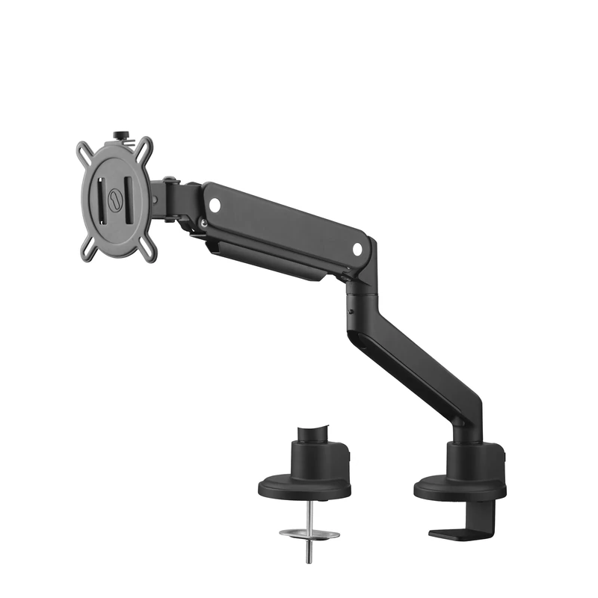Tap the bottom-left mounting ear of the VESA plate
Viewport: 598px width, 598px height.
(x=84, y=250)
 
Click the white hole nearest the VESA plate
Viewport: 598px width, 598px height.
(x=215, y=202)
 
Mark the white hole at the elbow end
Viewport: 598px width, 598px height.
(x=357, y=247)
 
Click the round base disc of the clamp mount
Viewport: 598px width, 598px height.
(x=460, y=490)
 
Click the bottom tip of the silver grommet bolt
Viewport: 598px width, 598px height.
(x=309, y=561)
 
